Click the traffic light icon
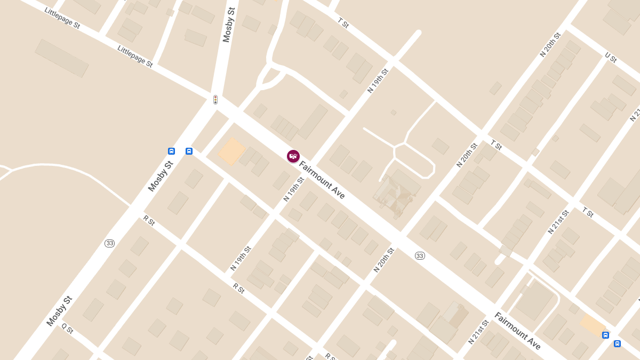[215, 100]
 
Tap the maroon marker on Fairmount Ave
[293, 156]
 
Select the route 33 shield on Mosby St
[109, 243]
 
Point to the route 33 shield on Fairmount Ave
[420, 256]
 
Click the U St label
[611, 58]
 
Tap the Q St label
[67, 329]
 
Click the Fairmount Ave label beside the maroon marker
[322, 180]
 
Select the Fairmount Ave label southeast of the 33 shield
[517, 331]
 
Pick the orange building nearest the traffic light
[232, 151]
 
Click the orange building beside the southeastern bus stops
[593, 324]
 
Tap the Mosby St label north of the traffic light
[229, 25]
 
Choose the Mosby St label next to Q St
[59, 311]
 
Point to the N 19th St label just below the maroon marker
[293, 189]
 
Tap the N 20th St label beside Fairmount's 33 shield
[384, 260]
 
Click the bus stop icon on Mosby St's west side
[171, 151]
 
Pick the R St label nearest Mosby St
[149, 220]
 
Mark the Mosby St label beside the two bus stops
[161, 176]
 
